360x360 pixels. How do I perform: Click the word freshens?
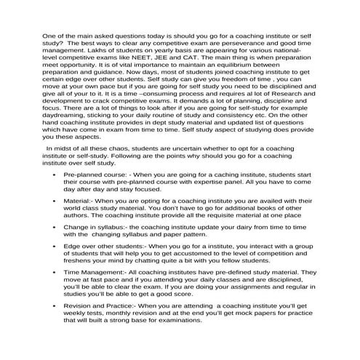coord(81,300)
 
